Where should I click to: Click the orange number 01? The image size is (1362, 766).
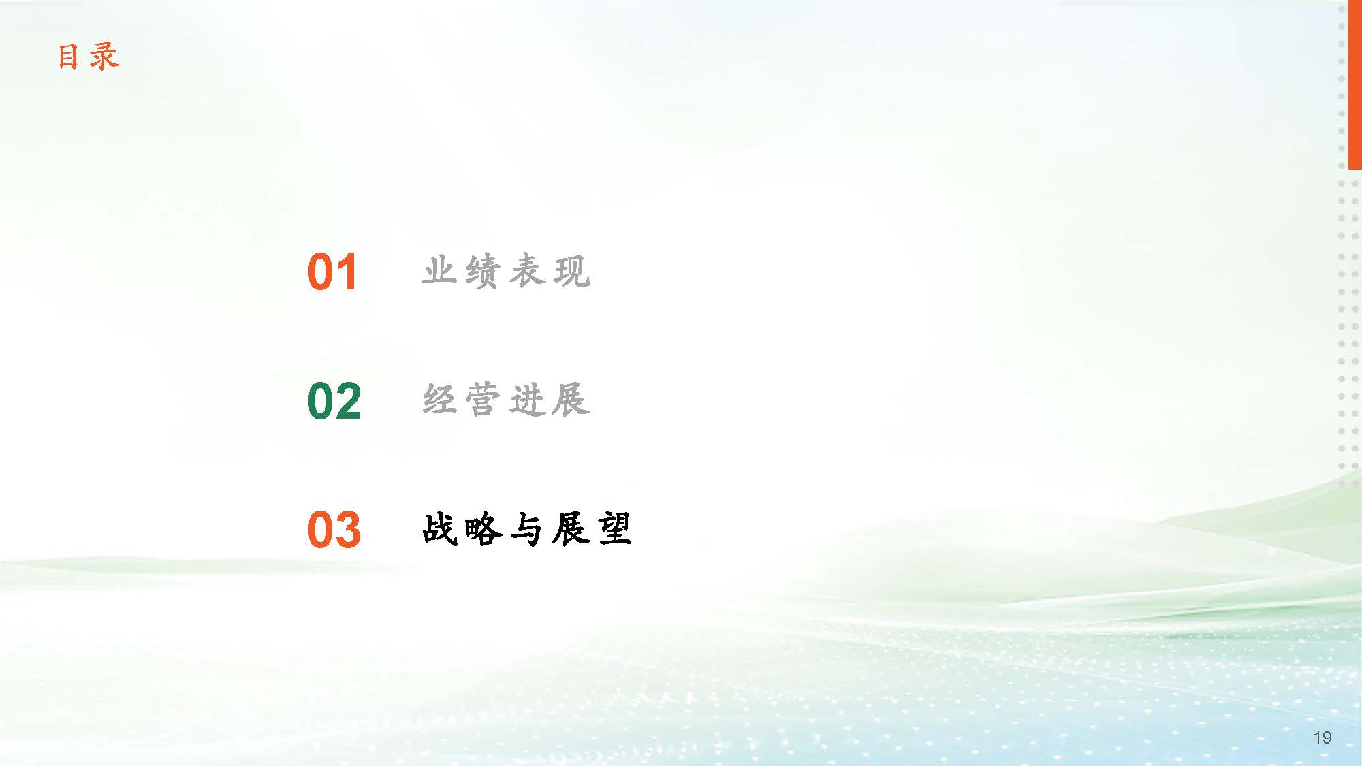332,272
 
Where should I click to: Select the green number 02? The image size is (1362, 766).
334,401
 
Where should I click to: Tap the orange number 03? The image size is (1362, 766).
334,530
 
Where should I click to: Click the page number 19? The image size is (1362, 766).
1323,737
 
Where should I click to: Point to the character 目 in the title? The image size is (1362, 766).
68,57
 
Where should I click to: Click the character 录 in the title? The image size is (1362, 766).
104,57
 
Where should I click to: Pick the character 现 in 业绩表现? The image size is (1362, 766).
572,271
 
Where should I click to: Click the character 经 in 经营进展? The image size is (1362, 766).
439,400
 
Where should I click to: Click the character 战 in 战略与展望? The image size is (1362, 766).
439,529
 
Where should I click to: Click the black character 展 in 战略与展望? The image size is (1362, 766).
571,529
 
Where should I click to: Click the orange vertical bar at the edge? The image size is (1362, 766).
1355,84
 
